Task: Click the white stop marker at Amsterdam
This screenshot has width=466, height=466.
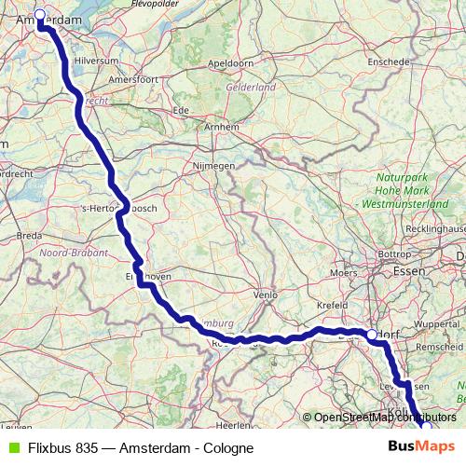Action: [39, 16]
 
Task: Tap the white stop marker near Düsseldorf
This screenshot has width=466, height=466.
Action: [371, 335]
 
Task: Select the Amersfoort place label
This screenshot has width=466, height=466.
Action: [133, 79]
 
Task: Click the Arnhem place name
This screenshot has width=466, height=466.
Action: [221, 126]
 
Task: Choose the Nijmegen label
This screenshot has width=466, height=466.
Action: [213, 165]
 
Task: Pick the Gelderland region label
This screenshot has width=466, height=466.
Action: [250, 87]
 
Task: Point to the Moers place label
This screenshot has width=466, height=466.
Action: [344, 273]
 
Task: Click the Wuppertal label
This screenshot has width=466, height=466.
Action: [436, 323]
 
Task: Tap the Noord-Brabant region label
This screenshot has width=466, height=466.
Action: [73, 253]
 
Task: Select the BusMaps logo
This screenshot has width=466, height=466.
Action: [421, 447]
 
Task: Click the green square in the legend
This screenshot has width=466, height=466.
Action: [11, 448]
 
